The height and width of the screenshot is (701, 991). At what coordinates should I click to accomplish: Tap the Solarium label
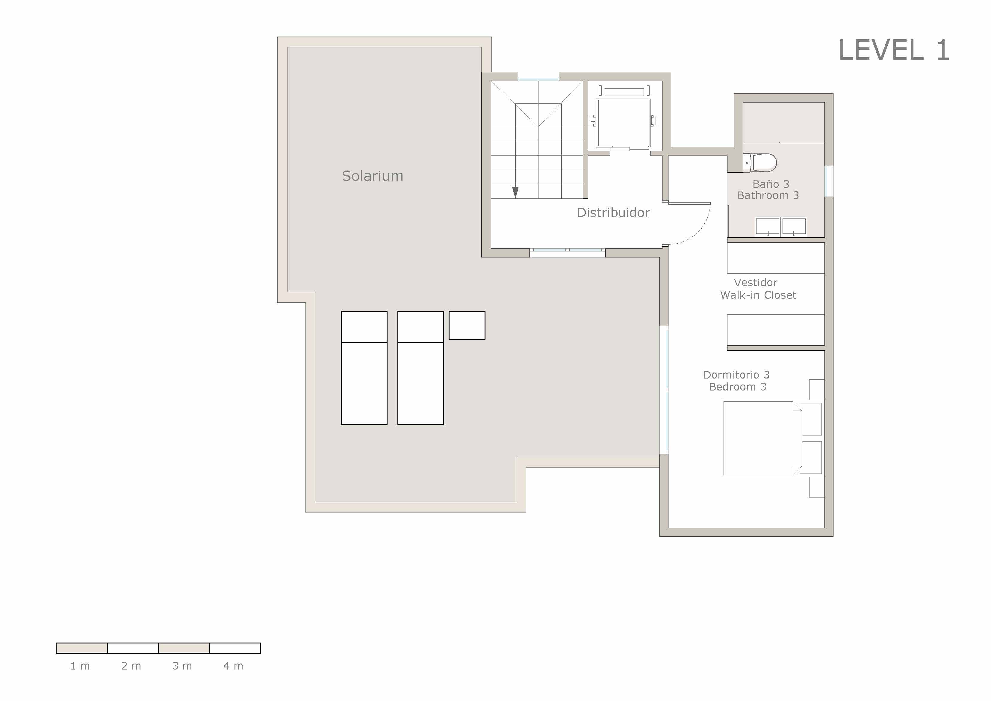click(373, 176)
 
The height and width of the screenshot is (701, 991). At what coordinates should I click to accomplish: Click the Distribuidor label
click(613, 212)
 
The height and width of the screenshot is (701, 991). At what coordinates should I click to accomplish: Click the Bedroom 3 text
click(737, 387)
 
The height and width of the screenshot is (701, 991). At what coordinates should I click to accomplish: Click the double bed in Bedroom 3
click(760, 438)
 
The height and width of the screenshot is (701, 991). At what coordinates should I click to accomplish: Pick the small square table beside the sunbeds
click(467, 325)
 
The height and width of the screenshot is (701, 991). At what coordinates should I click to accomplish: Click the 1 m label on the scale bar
click(80, 666)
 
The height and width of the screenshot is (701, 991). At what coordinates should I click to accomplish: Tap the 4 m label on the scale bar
click(233, 666)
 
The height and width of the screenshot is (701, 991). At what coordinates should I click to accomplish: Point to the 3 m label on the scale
click(182, 666)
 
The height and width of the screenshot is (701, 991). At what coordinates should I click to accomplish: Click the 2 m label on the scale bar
click(131, 666)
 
